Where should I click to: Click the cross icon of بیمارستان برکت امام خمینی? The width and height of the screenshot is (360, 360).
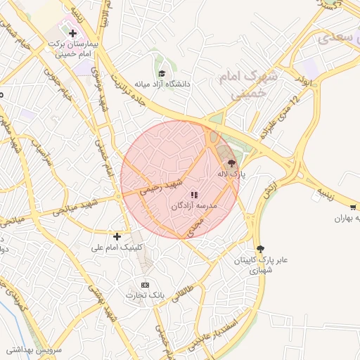[72, 33]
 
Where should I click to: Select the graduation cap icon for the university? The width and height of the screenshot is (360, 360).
[161, 73]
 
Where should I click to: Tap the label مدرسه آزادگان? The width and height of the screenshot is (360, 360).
[194, 206]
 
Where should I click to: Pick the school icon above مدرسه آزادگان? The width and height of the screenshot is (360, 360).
[194, 194]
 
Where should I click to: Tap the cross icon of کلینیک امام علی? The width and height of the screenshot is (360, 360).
[117, 236]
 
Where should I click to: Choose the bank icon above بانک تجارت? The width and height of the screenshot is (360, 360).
[145, 285]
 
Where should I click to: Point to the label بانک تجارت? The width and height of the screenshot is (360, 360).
[145, 296]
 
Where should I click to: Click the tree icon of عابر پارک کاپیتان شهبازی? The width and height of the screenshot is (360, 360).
[261, 248]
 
